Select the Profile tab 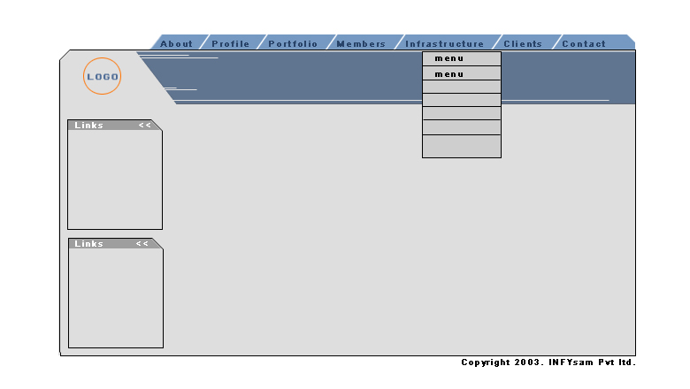(232, 42)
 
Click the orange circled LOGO (102, 76)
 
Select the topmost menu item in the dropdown (462, 58)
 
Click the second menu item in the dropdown (462, 73)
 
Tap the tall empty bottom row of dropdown (462, 146)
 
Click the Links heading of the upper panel (88, 126)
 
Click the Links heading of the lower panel (88, 244)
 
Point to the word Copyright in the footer (486, 362)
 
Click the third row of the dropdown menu (462, 87)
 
